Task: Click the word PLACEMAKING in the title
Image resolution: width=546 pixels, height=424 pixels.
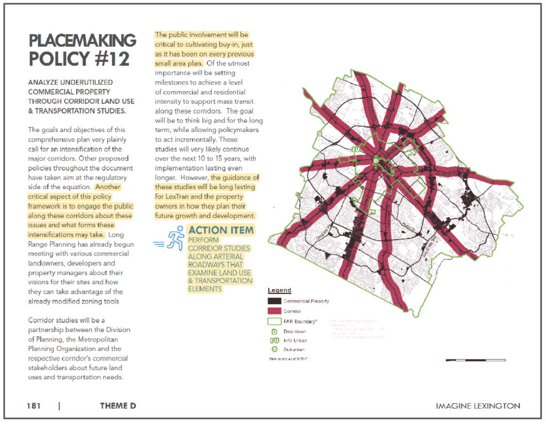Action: pyautogui.click(x=82, y=41)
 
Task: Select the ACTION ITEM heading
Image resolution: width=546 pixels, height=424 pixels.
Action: pyautogui.click(x=221, y=231)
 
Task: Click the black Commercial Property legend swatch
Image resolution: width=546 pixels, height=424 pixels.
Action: pyautogui.click(x=274, y=301)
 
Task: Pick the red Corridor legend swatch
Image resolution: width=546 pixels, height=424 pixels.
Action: pyautogui.click(x=274, y=311)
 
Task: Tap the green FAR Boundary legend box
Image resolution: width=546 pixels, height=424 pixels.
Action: pyautogui.click(x=274, y=321)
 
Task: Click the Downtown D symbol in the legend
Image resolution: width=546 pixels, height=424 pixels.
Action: pyautogui.click(x=274, y=331)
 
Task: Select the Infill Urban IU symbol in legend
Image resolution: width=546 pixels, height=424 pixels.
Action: pyautogui.click(x=274, y=340)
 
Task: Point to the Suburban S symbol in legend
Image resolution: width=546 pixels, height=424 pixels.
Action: pyautogui.click(x=274, y=349)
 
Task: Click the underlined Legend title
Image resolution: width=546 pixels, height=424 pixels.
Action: pyautogui.click(x=279, y=290)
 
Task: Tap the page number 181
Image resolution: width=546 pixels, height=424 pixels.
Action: pyautogui.click(x=34, y=406)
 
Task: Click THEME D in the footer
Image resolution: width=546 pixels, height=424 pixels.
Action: pyautogui.click(x=118, y=406)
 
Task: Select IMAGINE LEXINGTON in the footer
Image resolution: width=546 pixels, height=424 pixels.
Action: pyautogui.click(x=478, y=406)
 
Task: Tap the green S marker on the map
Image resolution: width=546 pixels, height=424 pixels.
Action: pyautogui.click(x=319, y=133)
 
